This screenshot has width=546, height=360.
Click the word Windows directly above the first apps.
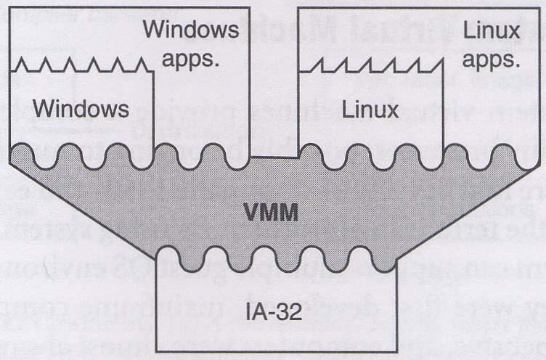pyautogui.click(x=191, y=30)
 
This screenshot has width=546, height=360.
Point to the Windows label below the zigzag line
pyautogui.click(x=81, y=110)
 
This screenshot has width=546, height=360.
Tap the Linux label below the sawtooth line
pyautogui.click(x=370, y=111)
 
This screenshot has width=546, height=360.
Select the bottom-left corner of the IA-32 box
pyautogui.click(x=157, y=352)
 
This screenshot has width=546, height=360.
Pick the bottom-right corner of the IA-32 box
pyautogui.click(x=396, y=352)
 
